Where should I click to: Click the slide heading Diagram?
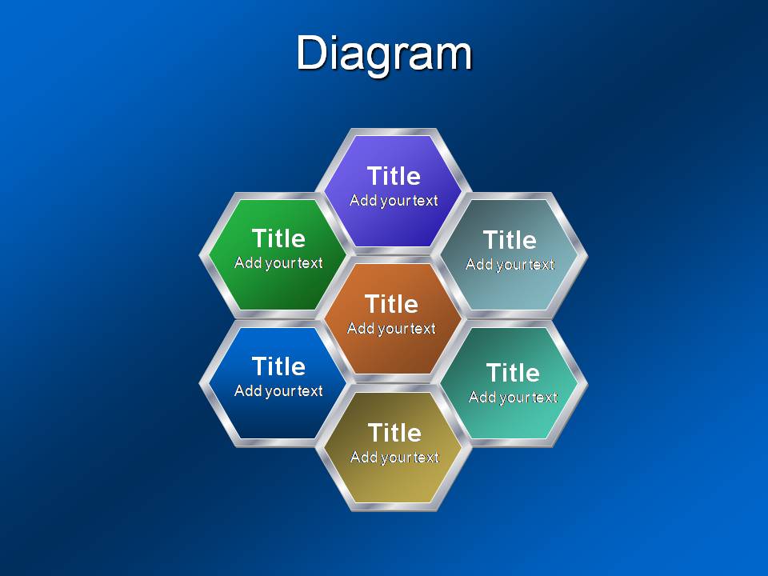click(384, 54)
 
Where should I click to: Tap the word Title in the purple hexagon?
click(394, 176)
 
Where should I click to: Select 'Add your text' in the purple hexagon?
click(394, 200)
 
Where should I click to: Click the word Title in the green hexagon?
click(278, 238)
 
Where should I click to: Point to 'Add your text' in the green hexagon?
click(278, 263)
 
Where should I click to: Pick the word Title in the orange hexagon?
click(392, 304)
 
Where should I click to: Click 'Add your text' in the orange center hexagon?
click(391, 328)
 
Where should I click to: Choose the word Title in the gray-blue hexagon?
click(510, 240)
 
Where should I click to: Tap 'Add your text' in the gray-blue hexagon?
click(510, 265)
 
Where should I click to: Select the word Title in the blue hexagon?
click(278, 366)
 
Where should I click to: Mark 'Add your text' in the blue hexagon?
click(278, 391)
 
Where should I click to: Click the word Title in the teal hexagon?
click(514, 373)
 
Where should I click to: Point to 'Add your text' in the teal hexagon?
click(514, 398)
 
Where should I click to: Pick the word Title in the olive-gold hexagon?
click(394, 433)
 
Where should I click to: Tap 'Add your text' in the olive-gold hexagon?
click(394, 458)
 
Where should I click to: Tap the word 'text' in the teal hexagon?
click(544, 398)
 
